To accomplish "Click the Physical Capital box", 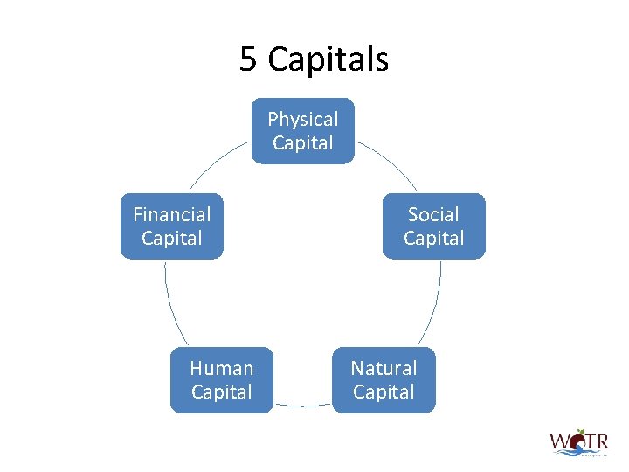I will pyautogui.click(x=303, y=131).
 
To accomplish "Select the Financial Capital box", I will pyautogui.click(x=172, y=226).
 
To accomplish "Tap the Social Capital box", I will pyautogui.click(x=433, y=226).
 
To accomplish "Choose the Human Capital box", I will pyautogui.click(x=222, y=380).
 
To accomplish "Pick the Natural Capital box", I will pyautogui.click(x=384, y=380).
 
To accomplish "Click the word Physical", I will pyautogui.click(x=303, y=119).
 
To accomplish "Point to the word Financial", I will pyautogui.click(x=172, y=214).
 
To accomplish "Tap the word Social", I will pyautogui.click(x=433, y=214).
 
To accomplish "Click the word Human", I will pyautogui.click(x=222, y=368).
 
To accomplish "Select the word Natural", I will pyautogui.click(x=384, y=368).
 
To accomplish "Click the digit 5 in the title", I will pyautogui.click(x=248, y=59).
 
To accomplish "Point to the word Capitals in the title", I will pyautogui.click(x=328, y=59).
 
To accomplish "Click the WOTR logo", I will pyautogui.click(x=578, y=442).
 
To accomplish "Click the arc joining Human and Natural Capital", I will pyautogui.click(x=302, y=406).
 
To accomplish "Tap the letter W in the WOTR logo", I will pyautogui.click(x=559, y=440).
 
